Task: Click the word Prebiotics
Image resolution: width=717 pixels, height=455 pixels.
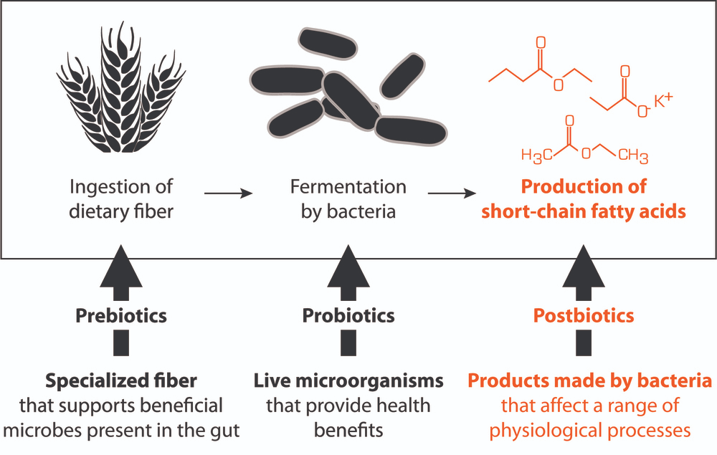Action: pos(121,315)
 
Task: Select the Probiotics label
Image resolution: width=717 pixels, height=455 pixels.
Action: pos(348,315)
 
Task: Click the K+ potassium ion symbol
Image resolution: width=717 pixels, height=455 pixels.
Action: pos(665,103)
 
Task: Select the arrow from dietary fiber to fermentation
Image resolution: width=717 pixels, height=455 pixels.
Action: pos(229,193)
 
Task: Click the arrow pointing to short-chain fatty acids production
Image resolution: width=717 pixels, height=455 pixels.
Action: pos(452,193)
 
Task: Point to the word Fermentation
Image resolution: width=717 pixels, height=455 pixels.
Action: pos(348,187)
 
